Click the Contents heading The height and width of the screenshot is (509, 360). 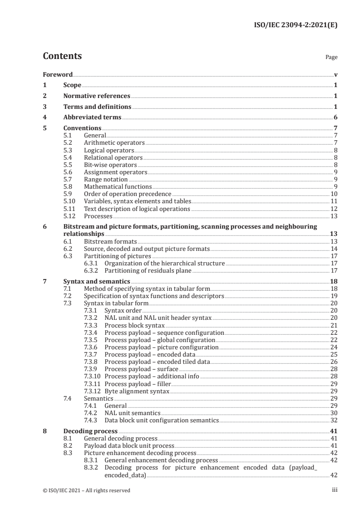point(62,56)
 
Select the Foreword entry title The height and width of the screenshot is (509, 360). point(58,74)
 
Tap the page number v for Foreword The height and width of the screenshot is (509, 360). point(335,74)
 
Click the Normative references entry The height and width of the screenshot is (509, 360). point(96,96)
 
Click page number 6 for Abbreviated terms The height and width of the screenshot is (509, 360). point(335,117)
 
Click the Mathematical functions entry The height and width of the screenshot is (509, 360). point(118,186)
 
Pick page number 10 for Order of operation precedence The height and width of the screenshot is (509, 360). point(334,194)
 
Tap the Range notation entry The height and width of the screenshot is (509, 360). point(106,179)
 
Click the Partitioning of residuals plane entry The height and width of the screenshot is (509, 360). point(148,271)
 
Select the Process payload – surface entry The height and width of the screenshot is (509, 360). point(141,369)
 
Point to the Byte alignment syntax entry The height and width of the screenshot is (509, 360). point(137,391)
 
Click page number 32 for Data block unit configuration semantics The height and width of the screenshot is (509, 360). point(334,420)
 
